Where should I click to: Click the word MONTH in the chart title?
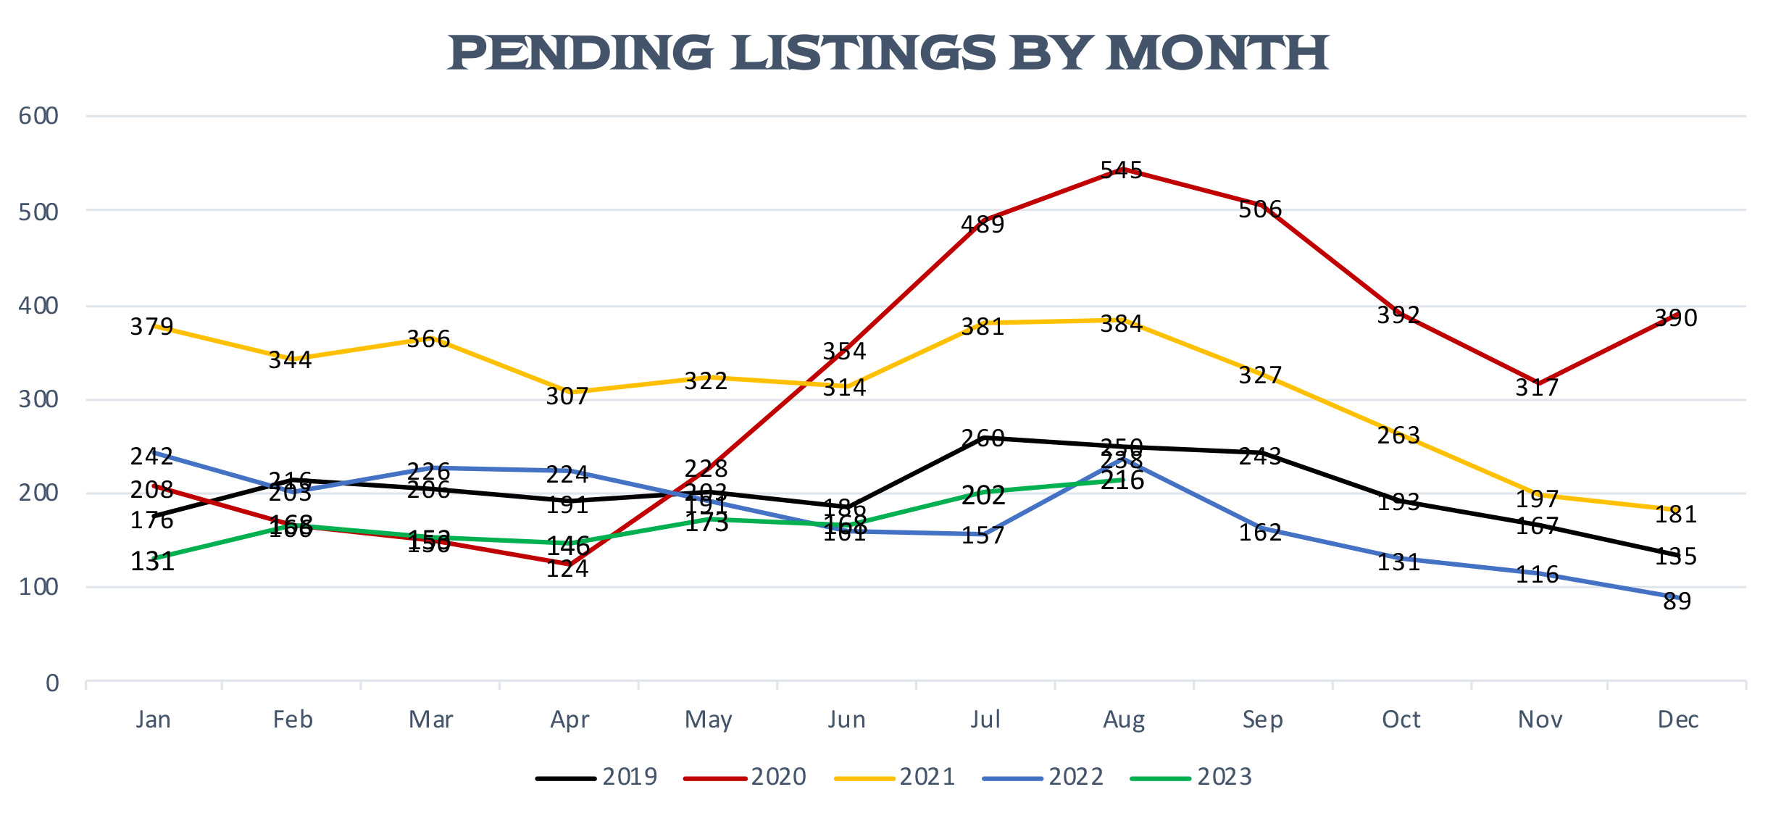[x=1217, y=54]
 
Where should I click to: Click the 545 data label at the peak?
[x=1121, y=170]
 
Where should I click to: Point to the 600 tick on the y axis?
[x=38, y=116]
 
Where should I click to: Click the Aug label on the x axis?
[x=1124, y=720]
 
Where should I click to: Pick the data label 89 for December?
[x=1677, y=601]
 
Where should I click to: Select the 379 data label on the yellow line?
[x=151, y=327]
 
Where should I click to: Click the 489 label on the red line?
[x=983, y=225]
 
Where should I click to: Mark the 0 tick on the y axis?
[x=52, y=683]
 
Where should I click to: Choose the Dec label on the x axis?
[x=1678, y=720]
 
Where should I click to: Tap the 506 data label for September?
[x=1260, y=209]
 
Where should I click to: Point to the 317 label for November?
[x=1537, y=388]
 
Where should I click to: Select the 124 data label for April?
[x=567, y=569]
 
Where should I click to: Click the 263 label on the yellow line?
[x=1398, y=435]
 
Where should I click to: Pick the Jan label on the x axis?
[x=153, y=720]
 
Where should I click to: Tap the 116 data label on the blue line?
[x=1537, y=575]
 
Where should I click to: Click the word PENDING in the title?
[x=580, y=54]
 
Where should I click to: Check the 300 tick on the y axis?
[x=38, y=399]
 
